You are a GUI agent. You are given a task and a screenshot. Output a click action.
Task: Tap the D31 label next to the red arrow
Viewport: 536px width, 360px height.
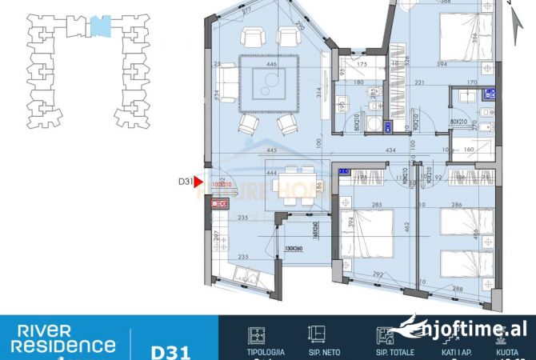pyautogui.click(x=186, y=182)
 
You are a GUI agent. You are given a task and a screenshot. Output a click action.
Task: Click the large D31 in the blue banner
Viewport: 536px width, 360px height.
pyautogui.click(x=170, y=349)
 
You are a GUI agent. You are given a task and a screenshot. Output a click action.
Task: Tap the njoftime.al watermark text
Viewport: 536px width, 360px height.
pyautogui.click(x=475, y=329)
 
